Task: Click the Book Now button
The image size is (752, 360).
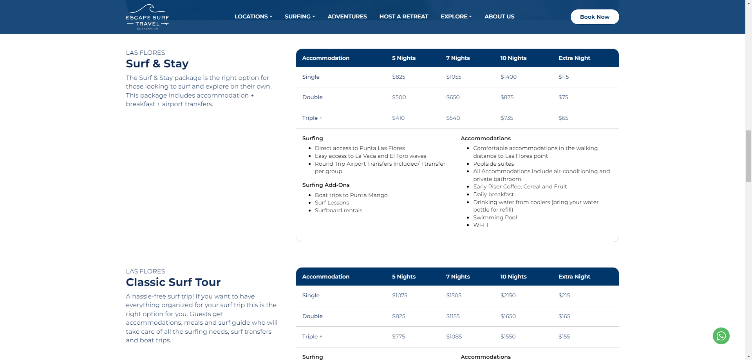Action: (x=595, y=17)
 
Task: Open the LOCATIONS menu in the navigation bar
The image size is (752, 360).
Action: (x=253, y=16)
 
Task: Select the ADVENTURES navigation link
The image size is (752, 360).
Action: (x=347, y=16)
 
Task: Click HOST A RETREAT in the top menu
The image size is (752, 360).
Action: (x=403, y=16)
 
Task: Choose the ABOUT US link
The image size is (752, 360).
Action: (x=499, y=16)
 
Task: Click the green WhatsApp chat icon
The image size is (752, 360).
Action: (x=721, y=336)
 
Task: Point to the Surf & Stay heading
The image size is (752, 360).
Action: (x=157, y=63)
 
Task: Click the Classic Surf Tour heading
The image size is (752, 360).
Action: (x=173, y=282)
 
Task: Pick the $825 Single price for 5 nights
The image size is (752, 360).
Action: (x=399, y=77)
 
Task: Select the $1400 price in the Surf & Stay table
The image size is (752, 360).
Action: (x=508, y=77)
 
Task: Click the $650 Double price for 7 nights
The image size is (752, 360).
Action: (x=453, y=97)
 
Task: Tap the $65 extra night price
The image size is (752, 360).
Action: (x=563, y=118)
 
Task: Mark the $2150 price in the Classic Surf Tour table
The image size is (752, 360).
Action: (x=508, y=295)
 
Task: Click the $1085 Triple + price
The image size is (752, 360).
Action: (x=454, y=336)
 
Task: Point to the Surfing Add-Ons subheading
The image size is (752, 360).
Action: (x=326, y=185)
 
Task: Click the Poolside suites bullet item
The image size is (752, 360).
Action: (x=493, y=164)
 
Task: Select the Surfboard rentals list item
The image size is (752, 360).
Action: (x=338, y=210)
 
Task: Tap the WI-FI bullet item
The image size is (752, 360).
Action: (x=481, y=225)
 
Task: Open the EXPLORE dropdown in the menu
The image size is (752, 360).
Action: (x=456, y=16)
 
